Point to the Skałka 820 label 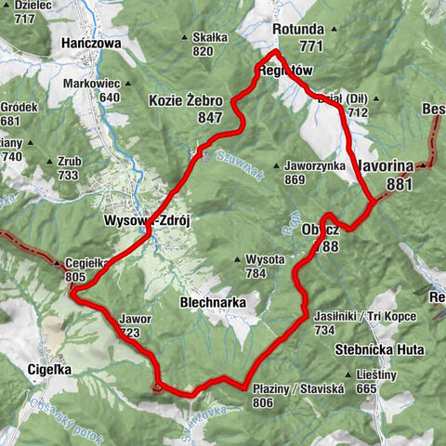(210, 44)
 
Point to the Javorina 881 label (385, 174)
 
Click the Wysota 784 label (256, 266)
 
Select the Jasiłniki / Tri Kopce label (364, 322)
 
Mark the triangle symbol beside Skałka (187, 38)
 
